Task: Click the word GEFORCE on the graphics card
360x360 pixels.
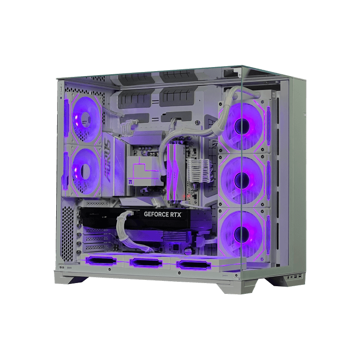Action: pos(157,215)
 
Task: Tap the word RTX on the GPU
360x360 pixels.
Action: pos(175,215)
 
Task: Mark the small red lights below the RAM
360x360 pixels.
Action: pos(192,198)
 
